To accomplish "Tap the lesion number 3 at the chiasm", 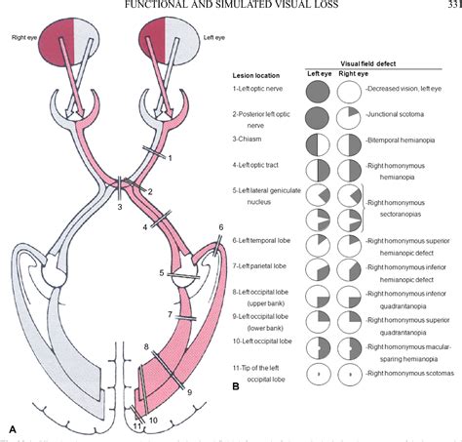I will [x=119, y=206].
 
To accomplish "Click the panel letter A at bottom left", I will [x=12, y=427].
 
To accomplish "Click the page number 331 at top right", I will [x=450, y=5].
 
